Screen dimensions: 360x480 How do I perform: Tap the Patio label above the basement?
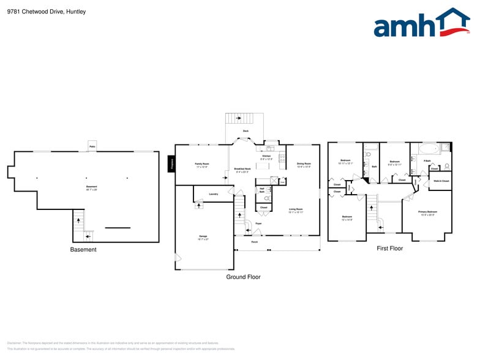point(92,146)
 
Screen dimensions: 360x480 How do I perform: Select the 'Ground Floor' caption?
point(244,277)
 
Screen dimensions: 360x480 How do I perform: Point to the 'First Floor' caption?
point(389,249)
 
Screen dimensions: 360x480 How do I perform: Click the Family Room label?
point(202,165)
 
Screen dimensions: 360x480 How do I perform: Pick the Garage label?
point(203,237)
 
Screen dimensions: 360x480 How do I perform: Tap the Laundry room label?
point(213,194)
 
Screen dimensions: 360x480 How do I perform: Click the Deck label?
point(246,131)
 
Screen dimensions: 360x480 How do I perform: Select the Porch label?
point(255,242)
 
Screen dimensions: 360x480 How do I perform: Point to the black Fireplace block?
point(172,163)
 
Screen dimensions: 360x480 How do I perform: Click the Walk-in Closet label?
point(441,181)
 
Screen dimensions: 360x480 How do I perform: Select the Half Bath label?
point(261,190)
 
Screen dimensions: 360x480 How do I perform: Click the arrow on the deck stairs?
point(239,118)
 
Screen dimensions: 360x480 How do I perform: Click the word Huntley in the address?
point(76,12)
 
